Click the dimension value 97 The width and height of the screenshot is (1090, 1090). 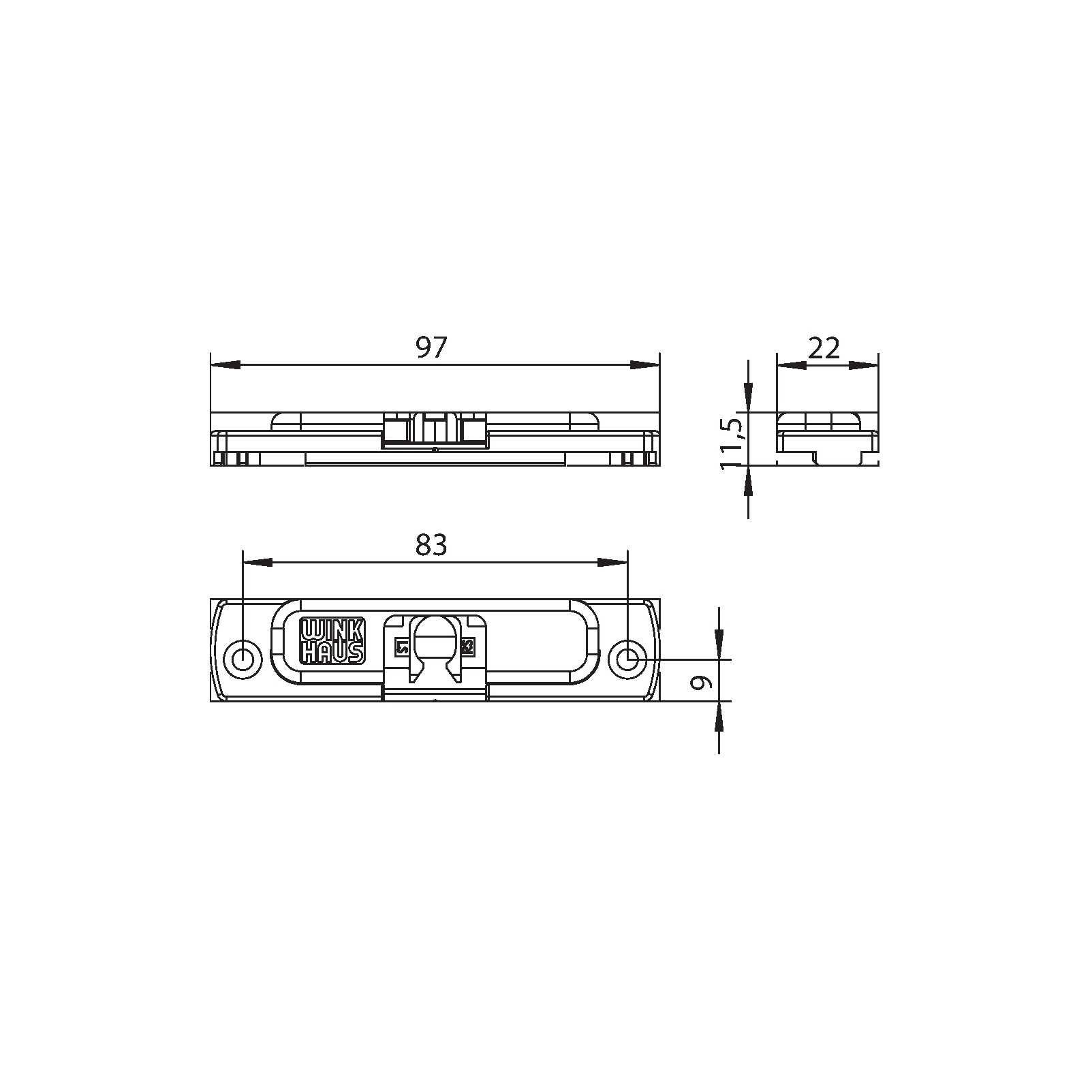pyautogui.click(x=431, y=349)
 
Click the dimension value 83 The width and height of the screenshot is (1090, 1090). pyautogui.click(x=431, y=545)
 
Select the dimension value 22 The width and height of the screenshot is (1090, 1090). pyautogui.click(x=824, y=349)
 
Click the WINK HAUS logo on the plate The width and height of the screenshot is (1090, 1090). pyautogui.click(x=332, y=640)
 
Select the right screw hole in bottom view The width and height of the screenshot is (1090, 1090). pyautogui.click(x=627, y=659)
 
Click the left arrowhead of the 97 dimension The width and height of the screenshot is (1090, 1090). pyautogui.click(x=225, y=365)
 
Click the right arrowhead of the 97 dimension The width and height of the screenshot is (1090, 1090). pyautogui.click(x=644, y=365)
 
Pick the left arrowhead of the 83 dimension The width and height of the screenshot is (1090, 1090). pyautogui.click(x=258, y=562)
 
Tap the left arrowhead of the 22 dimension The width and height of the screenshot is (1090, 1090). pyautogui.click(x=791, y=365)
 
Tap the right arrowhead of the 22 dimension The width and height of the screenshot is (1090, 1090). pyautogui.click(x=863, y=365)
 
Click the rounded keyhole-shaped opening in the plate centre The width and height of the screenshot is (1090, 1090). pyautogui.click(x=434, y=647)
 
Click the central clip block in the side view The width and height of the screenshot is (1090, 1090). pyautogui.click(x=434, y=430)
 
